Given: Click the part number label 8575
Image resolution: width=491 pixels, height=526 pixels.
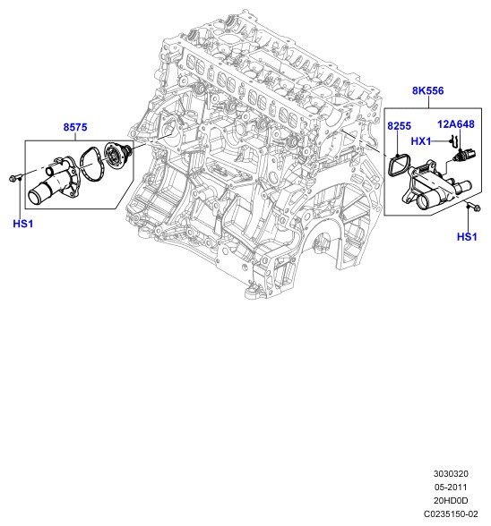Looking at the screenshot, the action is [75, 127].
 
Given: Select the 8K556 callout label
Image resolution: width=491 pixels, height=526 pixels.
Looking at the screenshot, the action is [427, 90].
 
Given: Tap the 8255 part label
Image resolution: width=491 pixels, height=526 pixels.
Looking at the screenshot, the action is [400, 126].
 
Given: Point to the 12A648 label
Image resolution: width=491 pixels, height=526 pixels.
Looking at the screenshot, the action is [456, 124].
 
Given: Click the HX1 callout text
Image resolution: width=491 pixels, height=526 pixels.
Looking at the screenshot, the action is [421, 141].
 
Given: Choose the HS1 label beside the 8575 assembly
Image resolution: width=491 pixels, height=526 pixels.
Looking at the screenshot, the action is [23, 224].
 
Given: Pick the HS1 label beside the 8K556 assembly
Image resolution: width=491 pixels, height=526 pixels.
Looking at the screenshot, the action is [467, 237].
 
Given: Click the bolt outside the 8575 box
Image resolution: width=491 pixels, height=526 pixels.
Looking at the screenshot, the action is [15, 177].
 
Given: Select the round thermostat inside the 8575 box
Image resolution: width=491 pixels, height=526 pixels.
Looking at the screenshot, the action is [116, 154].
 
